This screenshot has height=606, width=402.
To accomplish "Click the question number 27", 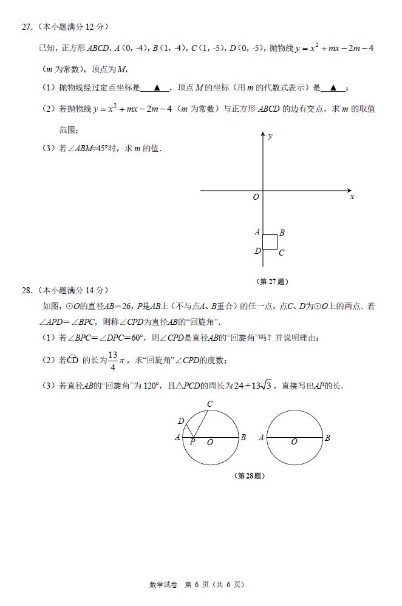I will (26, 27).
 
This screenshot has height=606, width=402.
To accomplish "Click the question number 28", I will (26, 290).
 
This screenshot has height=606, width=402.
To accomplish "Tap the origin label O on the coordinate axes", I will (256, 197).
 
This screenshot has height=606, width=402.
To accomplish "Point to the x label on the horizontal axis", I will (352, 197).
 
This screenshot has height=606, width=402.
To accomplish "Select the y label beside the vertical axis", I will (270, 137).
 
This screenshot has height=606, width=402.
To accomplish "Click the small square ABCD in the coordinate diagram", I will (270, 242).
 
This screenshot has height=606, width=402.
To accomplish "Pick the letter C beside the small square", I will (282, 253).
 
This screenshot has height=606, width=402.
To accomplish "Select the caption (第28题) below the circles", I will (249, 475).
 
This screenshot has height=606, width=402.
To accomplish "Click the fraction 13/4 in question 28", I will (112, 359).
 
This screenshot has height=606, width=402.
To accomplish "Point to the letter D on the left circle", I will (181, 421).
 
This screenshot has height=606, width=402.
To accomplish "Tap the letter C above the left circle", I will (210, 404).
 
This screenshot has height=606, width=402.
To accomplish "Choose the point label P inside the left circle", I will (192, 442).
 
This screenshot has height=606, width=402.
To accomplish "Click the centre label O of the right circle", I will (295, 442).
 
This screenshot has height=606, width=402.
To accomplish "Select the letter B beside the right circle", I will (327, 437).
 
